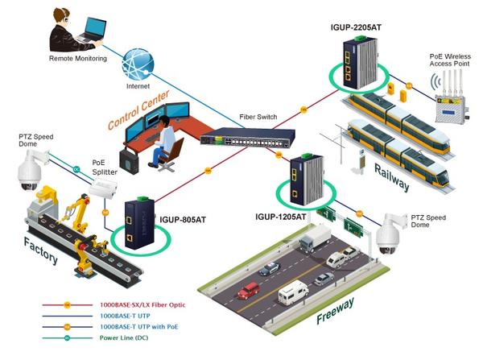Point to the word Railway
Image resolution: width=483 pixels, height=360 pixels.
391,176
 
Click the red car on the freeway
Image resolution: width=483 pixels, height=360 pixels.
248,290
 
